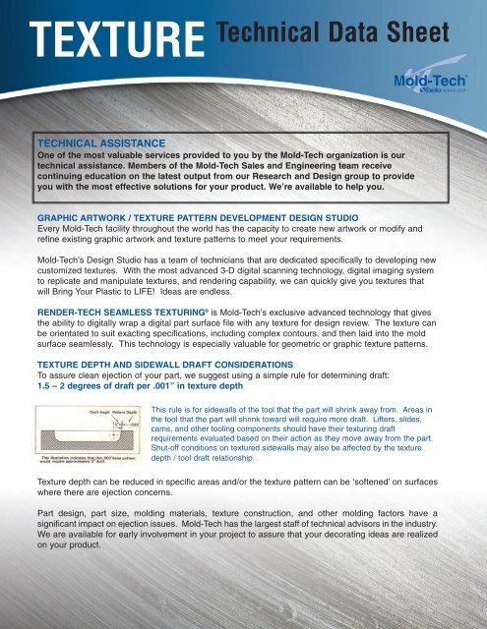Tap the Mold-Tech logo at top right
pyautogui.click(x=424, y=79)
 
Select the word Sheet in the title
pyautogui.click(x=415, y=36)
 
